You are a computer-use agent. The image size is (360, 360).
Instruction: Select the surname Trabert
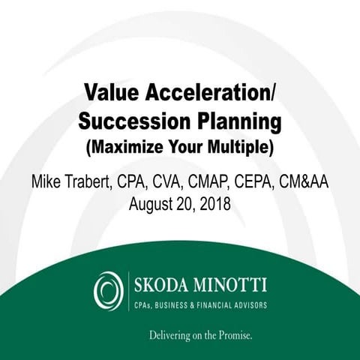click(x=109, y=182)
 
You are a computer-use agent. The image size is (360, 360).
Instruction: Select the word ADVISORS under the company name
click(x=247, y=304)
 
